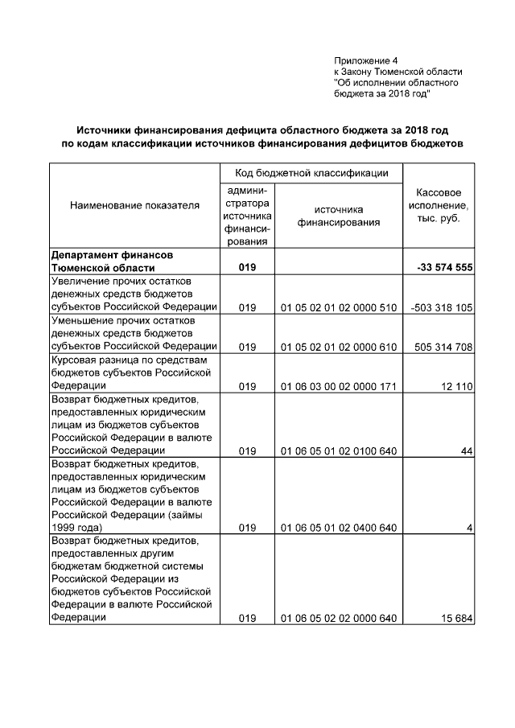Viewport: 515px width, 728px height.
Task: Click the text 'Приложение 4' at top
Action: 366,61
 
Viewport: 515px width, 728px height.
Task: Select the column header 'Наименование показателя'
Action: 134,206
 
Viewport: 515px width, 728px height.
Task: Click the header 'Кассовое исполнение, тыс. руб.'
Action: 439,206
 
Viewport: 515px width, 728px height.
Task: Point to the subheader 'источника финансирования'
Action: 338,216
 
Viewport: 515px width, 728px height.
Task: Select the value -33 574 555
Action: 444,268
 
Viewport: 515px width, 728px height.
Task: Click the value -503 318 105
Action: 441,307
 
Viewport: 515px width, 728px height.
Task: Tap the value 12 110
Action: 456,386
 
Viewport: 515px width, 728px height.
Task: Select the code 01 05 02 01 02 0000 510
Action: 339,307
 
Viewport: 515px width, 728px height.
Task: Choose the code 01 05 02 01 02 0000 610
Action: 339,347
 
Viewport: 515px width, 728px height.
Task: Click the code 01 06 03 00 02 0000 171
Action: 339,386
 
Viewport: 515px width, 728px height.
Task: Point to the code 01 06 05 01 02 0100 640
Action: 339,451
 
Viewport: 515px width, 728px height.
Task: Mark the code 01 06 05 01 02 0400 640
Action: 339,528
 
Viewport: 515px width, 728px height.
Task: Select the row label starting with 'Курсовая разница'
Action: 130,372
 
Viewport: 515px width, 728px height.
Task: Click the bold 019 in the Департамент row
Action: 247,268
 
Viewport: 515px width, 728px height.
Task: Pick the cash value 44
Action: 466,451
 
